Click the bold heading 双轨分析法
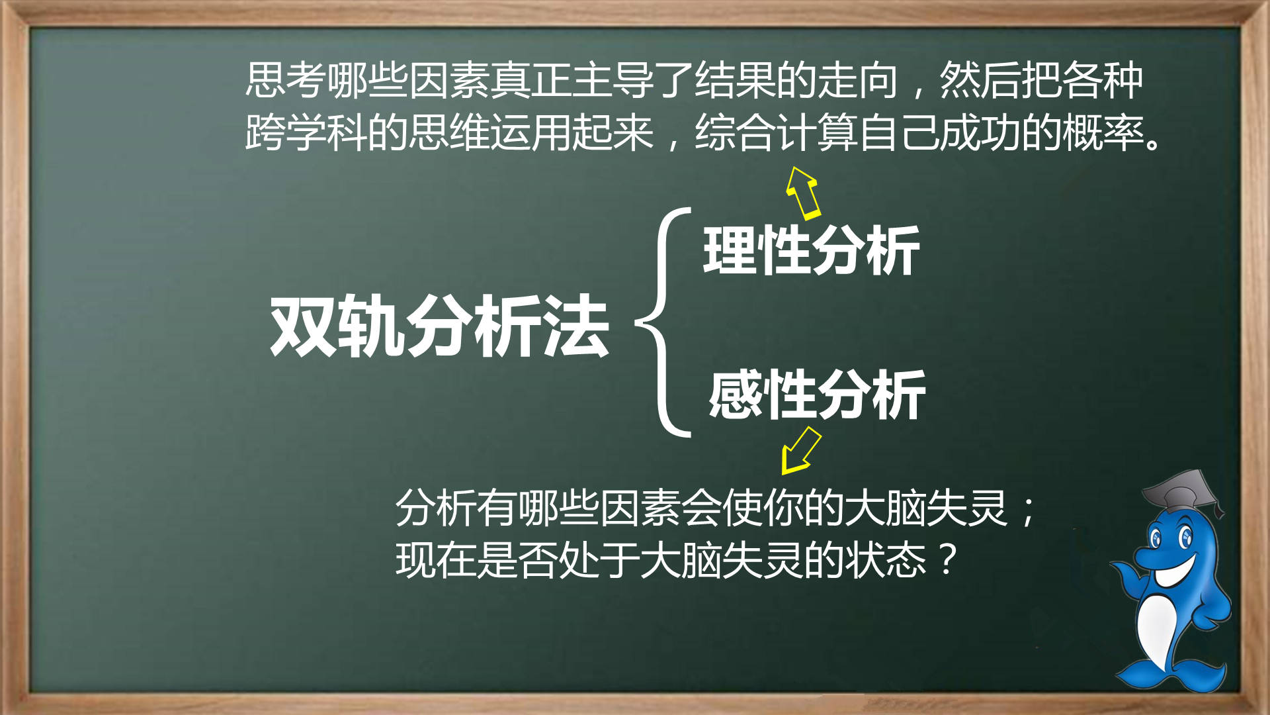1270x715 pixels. point(439,326)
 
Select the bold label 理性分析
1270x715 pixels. point(812,250)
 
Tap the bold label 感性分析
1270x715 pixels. point(817,395)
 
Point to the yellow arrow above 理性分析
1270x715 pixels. point(803,193)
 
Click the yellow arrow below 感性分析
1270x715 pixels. point(800,451)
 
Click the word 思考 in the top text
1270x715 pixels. point(285,80)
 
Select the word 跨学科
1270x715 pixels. point(306,132)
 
